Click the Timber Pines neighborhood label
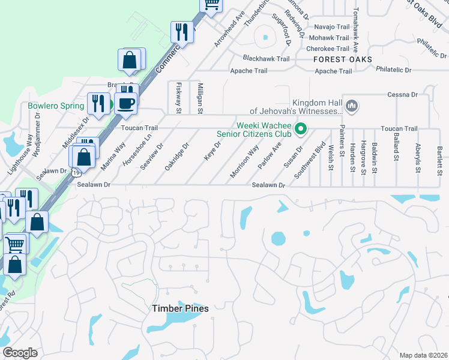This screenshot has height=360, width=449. pyautogui.click(x=180, y=308)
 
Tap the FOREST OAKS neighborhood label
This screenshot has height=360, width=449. pyautogui.click(x=342, y=59)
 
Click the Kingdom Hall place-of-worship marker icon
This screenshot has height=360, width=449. pyautogui.click(x=352, y=106)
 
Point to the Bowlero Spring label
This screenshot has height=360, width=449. pyautogui.click(x=56, y=106)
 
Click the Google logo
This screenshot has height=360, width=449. pyautogui.click(x=20, y=353)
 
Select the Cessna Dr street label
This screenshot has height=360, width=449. pyautogui.click(x=402, y=95)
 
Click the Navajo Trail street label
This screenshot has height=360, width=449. pyautogui.click(x=332, y=27)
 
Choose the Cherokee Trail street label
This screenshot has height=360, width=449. pyautogui.click(x=328, y=49)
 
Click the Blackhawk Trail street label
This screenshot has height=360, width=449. pyautogui.click(x=266, y=58)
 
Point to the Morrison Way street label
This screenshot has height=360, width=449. pyautogui.click(x=245, y=161)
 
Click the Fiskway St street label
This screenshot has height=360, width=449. pyautogui.click(x=178, y=97)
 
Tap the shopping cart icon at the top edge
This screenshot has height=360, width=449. pyautogui.click(x=211, y=4)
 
